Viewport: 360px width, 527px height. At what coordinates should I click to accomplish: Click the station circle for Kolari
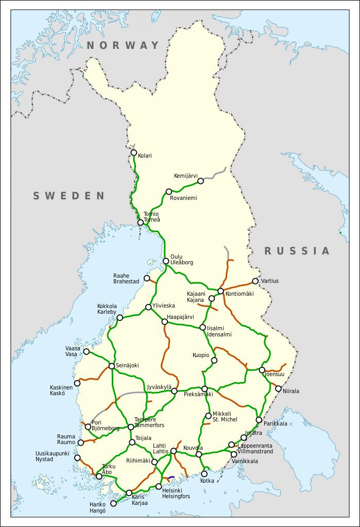pyautogui.click(x=134, y=152)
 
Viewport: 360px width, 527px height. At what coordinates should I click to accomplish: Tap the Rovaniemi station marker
pyautogui.click(x=169, y=192)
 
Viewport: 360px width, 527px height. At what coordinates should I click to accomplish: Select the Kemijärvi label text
pyautogui.click(x=185, y=176)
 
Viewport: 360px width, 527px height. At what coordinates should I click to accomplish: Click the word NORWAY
pyautogui.click(x=123, y=45)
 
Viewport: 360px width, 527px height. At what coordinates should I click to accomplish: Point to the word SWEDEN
pyautogui.click(x=69, y=196)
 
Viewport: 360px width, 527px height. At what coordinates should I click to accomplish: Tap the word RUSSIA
pyautogui.click(x=297, y=251)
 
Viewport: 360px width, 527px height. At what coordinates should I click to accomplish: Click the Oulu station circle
pyautogui.click(x=166, y=261)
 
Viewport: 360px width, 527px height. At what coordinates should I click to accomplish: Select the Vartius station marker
pyautogui.click(x=255, y=281)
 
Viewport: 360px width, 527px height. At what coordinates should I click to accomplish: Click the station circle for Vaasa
pyautogui.click(x=87, y=351)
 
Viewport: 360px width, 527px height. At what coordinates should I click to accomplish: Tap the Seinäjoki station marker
pyautogui.click(x=112, y=366)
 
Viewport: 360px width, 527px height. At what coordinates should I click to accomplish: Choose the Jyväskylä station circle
pyautogui.click(x=174, y=390)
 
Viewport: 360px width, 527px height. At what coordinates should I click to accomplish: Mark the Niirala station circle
pyautogui.click(x=279, y=389)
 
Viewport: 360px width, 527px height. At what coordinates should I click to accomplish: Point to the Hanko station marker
pyautogui.click(x=114, y=503)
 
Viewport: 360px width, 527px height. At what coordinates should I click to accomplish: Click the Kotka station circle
pyautogui.click(x=204, y=474)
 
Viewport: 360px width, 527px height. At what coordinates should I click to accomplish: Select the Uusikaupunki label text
pyautogui.click(x=52, y=453)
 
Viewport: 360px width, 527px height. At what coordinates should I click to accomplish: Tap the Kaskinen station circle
pyautogui.click(x=77, y=383)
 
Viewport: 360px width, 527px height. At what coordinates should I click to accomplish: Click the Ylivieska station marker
pyautogui.click(x=148, y=307)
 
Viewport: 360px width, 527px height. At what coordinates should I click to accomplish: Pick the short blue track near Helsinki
pyautogui.click(x=172, y=477)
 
